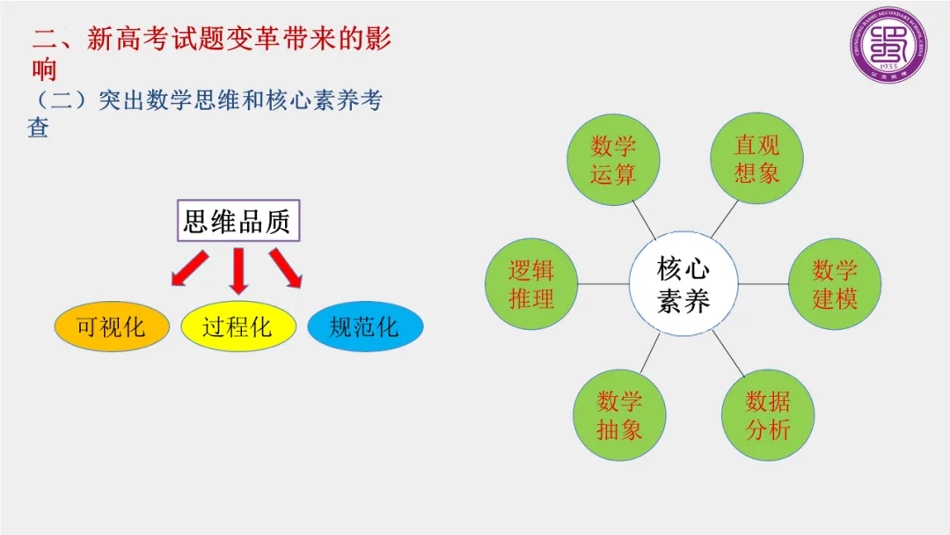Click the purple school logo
(x=889, y=46)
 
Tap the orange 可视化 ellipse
(x=111, y=327)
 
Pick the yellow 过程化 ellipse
(x=237, y=327)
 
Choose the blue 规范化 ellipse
(x=365, y=327)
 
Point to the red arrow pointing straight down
(x=237, y=271)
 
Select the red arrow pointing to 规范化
(x=286, y=269)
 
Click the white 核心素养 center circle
(x=683, y=285)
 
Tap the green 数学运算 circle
(x=613, y=160)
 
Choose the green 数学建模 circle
(x=833, y=284)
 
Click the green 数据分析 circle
(x=767, y=415)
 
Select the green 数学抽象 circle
(x=619, y=415)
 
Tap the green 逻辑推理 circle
(x=530, y=284)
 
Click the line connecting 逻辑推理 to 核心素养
(x=603, y=284)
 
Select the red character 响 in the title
(x=45, y=70)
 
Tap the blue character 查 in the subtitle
(x=38, y=128)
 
